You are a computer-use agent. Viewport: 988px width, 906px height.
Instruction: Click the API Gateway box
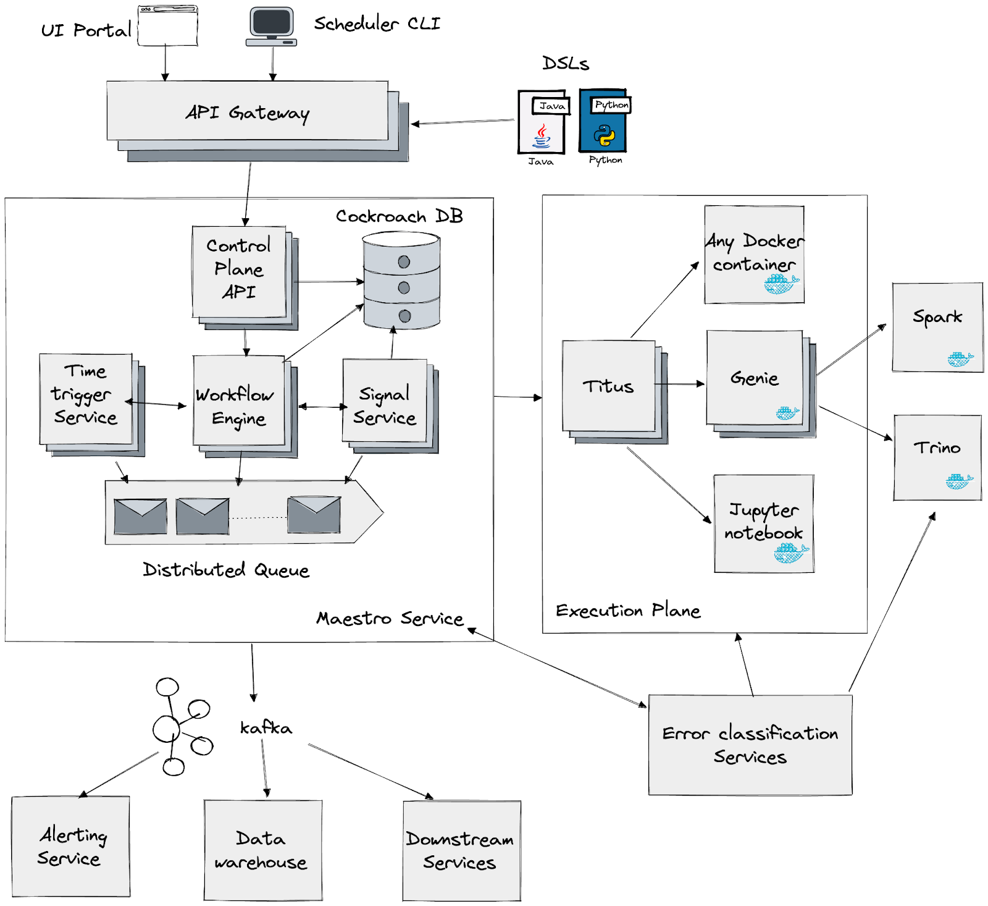(247, 111)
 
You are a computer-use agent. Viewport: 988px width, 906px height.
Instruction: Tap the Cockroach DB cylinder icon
(401, 281)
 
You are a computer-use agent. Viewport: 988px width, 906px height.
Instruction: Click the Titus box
(609, 386)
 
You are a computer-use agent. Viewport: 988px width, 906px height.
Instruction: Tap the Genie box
(755, 378)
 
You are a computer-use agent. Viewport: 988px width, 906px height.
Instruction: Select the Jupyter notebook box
(764, 523)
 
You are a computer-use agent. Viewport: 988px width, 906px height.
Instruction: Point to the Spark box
(937, 327)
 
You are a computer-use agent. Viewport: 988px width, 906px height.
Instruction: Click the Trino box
(937, 457)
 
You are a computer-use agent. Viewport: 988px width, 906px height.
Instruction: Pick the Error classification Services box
(750, 745)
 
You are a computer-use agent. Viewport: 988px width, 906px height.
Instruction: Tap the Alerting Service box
(71, 846)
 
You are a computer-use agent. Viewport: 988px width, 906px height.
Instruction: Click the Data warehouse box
(263, 850)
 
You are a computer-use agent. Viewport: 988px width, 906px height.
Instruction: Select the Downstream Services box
(461, 851)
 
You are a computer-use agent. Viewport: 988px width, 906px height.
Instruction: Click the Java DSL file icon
(542, 122)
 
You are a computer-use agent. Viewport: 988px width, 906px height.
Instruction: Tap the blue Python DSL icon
(603, 121)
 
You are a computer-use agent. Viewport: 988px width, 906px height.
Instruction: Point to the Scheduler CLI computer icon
(271, 26)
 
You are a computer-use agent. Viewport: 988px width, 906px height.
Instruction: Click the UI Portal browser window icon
(167, 26)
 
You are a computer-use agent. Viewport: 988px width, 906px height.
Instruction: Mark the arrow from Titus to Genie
(680, 384)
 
